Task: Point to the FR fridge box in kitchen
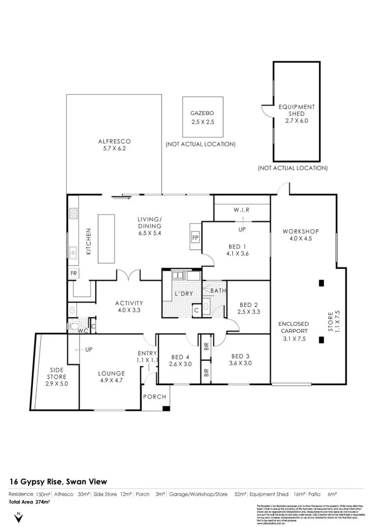click(74, 273)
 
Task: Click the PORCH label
click(154, 397)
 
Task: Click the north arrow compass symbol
click(19, 517)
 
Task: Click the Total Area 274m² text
click(29, 502)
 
